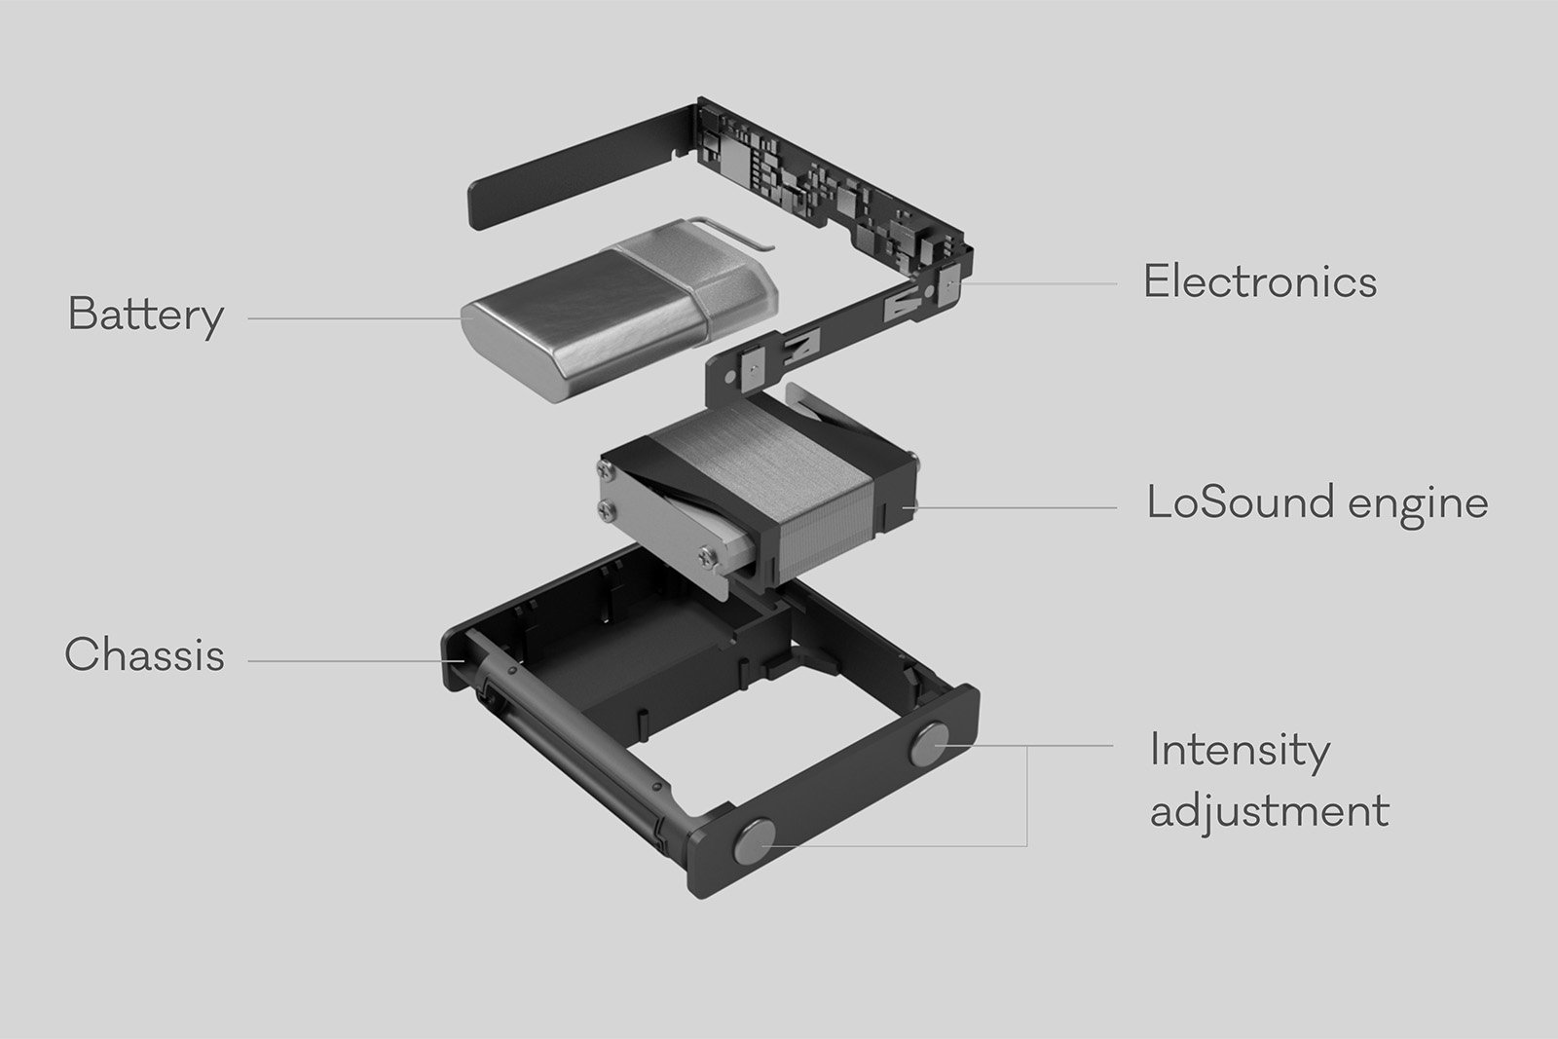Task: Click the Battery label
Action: [146, 315]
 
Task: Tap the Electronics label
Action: [1259, 282]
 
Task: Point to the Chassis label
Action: [144, 655]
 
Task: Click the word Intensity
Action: [1239, 751]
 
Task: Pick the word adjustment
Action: [1269, 810]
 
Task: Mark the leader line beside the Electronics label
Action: [1042, 283]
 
